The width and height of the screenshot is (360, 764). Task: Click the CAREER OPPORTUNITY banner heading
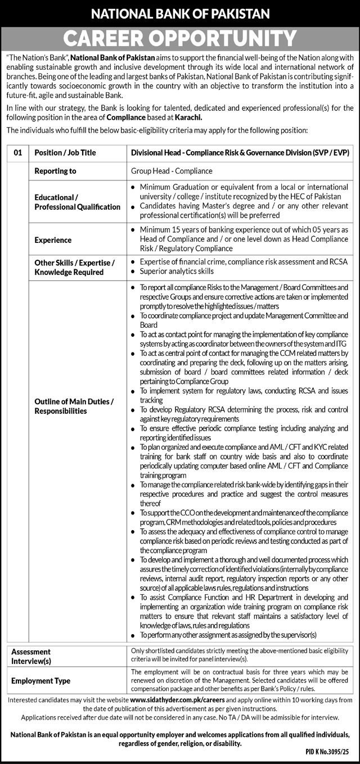point(180,38)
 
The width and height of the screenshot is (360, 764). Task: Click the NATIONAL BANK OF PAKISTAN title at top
point(180,13)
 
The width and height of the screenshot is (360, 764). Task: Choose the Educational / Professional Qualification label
point(78,202)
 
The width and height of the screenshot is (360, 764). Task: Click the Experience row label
point(53,239)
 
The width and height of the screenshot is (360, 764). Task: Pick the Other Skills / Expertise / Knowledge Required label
point(74,267)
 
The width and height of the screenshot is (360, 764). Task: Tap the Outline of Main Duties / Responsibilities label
point(74,406)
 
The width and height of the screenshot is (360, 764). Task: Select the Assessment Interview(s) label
point(31,655)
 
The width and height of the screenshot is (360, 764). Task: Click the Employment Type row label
point(41,681)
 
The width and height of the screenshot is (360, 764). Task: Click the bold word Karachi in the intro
point(187,117)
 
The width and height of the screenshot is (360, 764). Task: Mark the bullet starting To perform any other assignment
point(228,635)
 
